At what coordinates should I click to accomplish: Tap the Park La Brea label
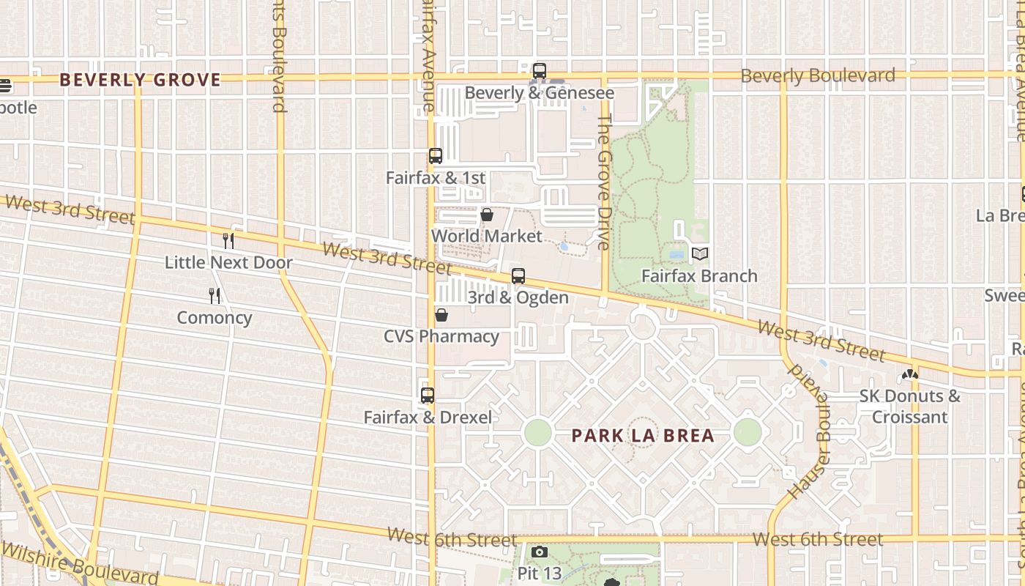pyautogui.click(x=642, y=436)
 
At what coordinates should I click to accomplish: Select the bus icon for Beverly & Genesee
pyautogui.click(x=540, y=71)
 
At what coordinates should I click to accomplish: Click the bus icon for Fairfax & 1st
pyautogui.click(x=436, y=155)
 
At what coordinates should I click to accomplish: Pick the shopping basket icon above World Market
pyautogui.click(x=486, y=214)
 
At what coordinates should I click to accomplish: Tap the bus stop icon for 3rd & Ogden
pyautogui.click(x=518, y=275)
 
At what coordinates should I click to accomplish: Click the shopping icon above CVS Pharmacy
pyautogui.click(x=441, y=315)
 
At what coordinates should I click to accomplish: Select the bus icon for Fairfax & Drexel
pyautogui.click(x=428, y=396)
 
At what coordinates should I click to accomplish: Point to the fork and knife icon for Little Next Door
pyautogui.click(x=228, y=240)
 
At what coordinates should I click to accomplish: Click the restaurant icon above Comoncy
pyautogui.click(x=215, y=295)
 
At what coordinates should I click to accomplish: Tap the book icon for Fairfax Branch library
pyautogui.click(x=700, y=254)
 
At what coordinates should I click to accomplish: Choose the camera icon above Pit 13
pyautogui.click(x=540, y=552)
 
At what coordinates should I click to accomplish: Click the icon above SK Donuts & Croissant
pyautogui.click(x=910, y=374)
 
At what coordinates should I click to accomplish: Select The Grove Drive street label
pyautogui.click(x=604, y=182)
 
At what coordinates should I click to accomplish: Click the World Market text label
pyautogui.click(x=486, y=236)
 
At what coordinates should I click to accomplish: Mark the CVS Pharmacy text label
pyautogui.click(x=441, y=336)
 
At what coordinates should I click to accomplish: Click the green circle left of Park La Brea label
pyautogui.click(x=537, y=432)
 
